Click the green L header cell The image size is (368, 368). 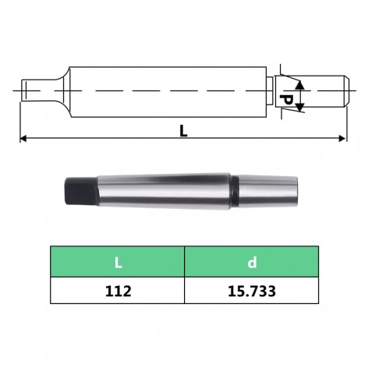click(x=118, y=261)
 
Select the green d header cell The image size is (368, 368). click(x=252, y=261)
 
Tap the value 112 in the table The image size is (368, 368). click(x=119, y=292)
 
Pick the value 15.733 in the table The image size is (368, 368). click(x=252, y=292)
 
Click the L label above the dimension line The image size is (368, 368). click(x=183, y=131)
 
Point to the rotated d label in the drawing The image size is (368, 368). click(x=286, y=100)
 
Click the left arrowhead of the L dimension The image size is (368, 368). click(x=23, y=139)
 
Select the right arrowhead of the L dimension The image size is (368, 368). click(x=342, y=139)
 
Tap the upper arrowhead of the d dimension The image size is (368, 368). click(x=300, y=84)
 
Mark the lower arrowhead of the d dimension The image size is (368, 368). click(x=300, y=107)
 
